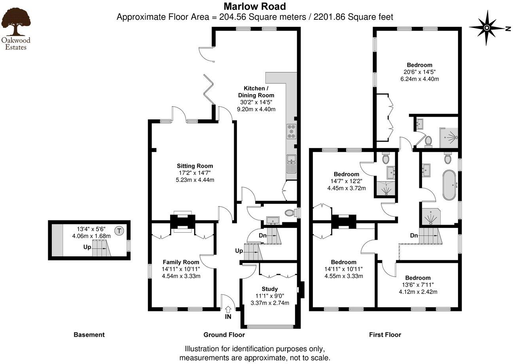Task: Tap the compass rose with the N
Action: coord(487,28)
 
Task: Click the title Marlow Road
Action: coord(254,6)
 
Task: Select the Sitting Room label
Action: coord(195,166)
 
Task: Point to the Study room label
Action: coord(270,289)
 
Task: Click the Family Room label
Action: coord(181,262)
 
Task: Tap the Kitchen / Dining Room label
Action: coord(256,91)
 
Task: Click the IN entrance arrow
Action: coord(228,313)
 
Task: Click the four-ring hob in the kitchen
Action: coord(292,131)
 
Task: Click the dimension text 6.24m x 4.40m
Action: coord(420,79)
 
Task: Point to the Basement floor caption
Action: coord(89,335)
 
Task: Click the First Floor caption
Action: coord(385,335)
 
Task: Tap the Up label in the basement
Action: coord(87,247)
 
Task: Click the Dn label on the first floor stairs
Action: coord(414,235)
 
